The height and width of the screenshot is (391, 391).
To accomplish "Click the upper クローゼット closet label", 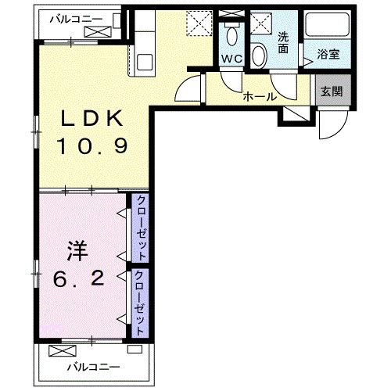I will click(142, 228).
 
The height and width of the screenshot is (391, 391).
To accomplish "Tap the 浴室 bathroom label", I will click(328, 55).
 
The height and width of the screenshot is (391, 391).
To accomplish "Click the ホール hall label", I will click(259, 96).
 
